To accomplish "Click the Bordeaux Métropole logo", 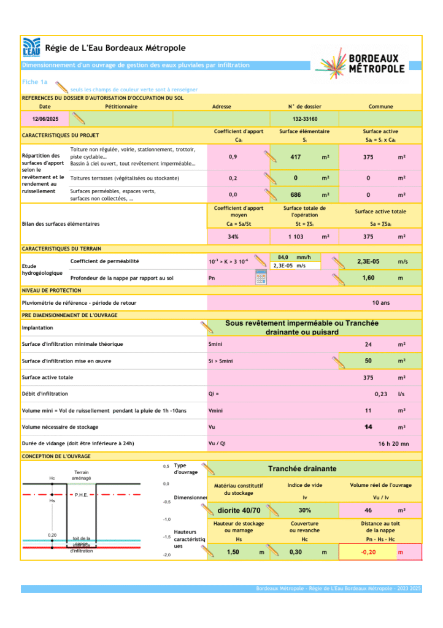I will pos(361,63).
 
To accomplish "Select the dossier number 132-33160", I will pos(304,118).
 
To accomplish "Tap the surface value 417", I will pos(295,158).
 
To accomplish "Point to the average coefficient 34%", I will pos(233,237).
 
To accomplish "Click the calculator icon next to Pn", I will pos(261,277).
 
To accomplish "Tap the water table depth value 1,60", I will pos(368,278).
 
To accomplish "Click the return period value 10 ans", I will pos(380,303).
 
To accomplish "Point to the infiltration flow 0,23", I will pos(380,394).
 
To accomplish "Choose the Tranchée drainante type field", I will pos(302,469).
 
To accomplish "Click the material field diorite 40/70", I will pos(239,510).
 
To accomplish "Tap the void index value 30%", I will pos(304,510).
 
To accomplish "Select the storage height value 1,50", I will pos(233,553).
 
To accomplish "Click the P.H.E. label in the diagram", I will pos(81,494).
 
